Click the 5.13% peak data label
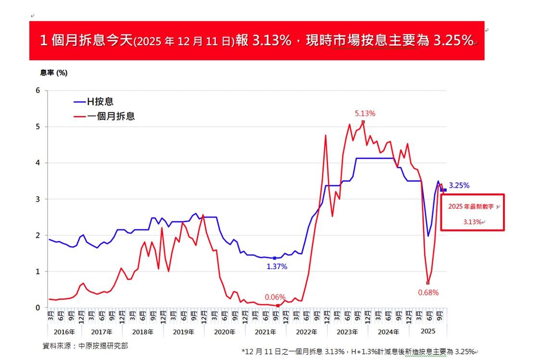(365, 114)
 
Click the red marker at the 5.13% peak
(363, 122)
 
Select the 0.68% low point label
(428, 292)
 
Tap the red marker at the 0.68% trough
(428, 283)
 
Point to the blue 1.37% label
(277, 267)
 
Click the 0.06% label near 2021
(275, 297)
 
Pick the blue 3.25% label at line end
(459, 185)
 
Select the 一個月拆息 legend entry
(111, 116)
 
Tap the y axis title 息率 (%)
(53, 73)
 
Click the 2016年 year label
(64, 332)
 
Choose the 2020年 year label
(225, 332)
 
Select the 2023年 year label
(348, 332)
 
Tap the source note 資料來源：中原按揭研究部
(86, 346)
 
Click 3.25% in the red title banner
(453, 41)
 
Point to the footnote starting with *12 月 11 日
(358, 351)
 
